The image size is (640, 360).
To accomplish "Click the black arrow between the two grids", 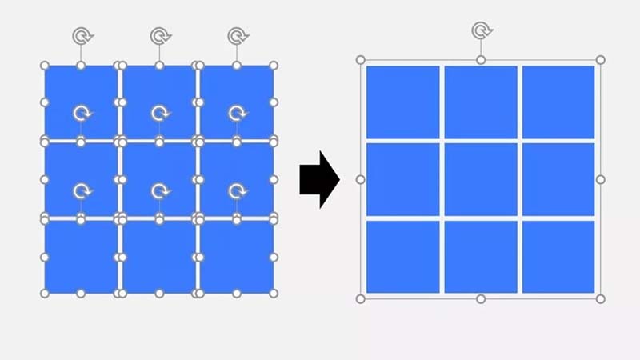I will (319, 179).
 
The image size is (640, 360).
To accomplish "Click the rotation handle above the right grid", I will (481, 31).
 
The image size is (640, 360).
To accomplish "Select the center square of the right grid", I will (481, 179).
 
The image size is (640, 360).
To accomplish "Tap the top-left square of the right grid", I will (403, 102).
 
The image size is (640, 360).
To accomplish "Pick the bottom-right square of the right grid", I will (558, 257).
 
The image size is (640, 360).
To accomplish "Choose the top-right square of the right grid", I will (558, 102).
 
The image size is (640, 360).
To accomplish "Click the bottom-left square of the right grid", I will (403, 257).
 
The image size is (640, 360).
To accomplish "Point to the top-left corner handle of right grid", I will (361, 60).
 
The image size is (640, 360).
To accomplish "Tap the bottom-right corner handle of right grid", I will (601, 298).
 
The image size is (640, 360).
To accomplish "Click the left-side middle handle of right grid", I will (361, 179).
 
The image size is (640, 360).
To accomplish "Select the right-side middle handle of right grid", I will (601, 179).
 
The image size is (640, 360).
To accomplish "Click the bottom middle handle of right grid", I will (481, 298).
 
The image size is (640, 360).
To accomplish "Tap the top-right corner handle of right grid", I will (601, 60).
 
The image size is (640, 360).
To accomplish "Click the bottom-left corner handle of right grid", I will (361, 298).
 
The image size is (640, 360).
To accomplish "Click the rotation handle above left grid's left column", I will (81, 36).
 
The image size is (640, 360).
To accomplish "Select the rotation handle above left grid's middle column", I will (159, 36).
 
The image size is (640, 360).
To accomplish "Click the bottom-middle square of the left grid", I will (159, 256).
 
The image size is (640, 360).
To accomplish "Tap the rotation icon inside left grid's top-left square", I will (81, 114).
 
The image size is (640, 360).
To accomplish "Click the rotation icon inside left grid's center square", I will (159, 191).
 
